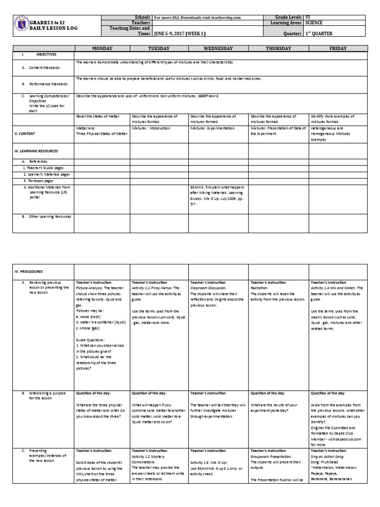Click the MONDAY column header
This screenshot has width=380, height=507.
[x=101, y=49]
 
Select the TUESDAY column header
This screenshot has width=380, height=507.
[x=159, y=49]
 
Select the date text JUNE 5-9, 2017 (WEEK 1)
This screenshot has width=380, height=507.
[x=184, y=34]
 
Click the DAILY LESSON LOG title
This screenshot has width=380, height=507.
[x=53, y=29]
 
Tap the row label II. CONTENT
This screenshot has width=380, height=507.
[x=25, y=134]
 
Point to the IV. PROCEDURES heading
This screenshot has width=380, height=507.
[x=29, y=272]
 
